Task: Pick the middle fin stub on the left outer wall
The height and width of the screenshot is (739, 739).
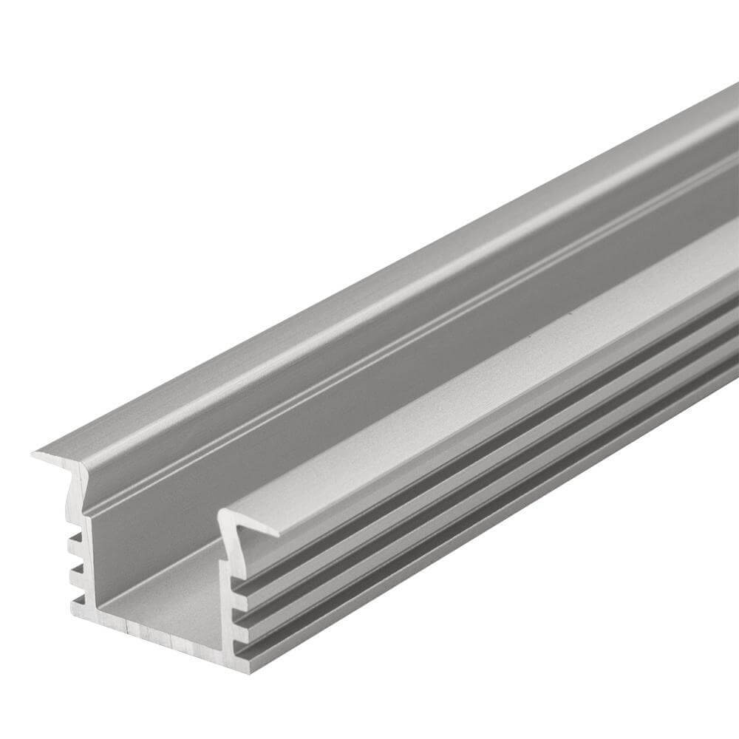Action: tap(75, 569)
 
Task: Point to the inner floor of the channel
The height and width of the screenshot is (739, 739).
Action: tap(170, 584)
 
